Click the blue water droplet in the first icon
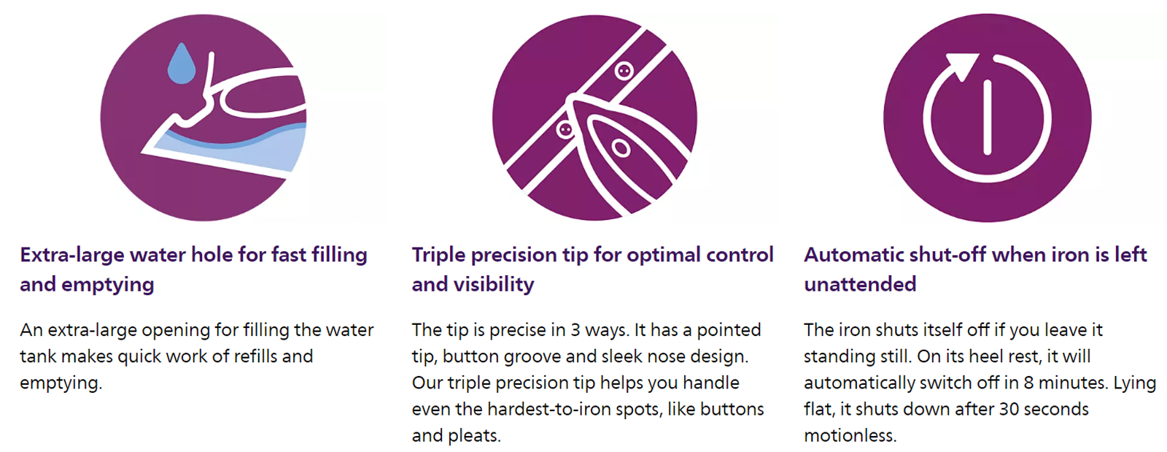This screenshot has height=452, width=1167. tap(182, 65)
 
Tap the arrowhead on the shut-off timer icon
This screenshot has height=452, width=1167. tap(962, 66)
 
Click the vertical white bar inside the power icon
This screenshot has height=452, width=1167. tap(987, 118)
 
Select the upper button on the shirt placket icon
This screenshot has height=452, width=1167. tap(624, 70)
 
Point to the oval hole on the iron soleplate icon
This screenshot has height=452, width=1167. tap(621, 148)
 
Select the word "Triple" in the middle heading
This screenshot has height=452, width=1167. tap(438, 256)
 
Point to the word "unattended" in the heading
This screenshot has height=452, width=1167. tap(860, 285)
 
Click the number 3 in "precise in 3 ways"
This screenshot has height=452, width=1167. tap(575, 330)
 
